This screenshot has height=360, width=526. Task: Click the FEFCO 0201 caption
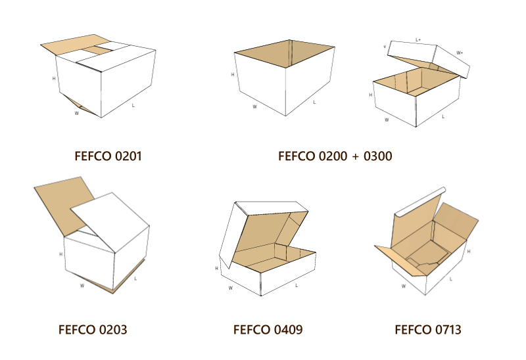pyautogui.click(x=108, y=156)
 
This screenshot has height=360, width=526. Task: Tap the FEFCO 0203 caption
pyautogui.click(x=93, y=330)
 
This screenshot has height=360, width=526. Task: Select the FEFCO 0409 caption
pyautogui.click(x=268, y=330)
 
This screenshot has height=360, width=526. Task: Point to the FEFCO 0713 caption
pyautogui.click(x=428, y=330)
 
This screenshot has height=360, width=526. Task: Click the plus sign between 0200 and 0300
pyautogui.click(x=355, y=157)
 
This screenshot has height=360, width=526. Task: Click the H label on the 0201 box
pyautogui.click(x=54, y=78)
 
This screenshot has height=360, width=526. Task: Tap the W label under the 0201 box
pyautogui.click(x=76, y=113)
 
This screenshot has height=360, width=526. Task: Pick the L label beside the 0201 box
pyautogui.click(x=133, y=105)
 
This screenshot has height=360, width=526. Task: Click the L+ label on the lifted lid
pyautogui.click(x=418, y=39)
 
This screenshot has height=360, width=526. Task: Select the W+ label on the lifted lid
pyautogui.click(x=460, y=53)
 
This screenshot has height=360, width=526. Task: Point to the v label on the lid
pyautogui.click(x=385, y=47)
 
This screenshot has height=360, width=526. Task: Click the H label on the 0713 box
pyautogui.click(x=469, y=251)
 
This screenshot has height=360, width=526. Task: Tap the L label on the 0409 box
pyautogui.click(x=297, y=286)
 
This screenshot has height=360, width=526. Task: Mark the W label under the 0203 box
pyautogui.click(x=82, y=286)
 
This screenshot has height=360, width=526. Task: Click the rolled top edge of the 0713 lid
pyautogui.click(x=420, y=202)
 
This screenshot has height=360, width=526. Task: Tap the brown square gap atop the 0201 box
pyautogui.click(x=97, y=51)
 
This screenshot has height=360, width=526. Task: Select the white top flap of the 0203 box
pyautogui.click(x=110, y=221)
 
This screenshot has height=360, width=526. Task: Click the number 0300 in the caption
pyautogui.click(x=377, y=156)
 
